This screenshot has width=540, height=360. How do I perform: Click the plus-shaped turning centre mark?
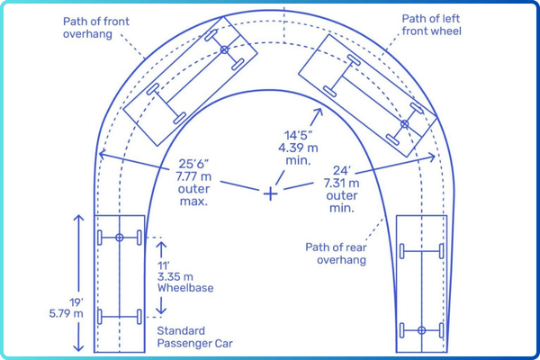[x=270, y=193]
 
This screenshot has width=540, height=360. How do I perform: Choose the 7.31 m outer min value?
[x=343, y=182]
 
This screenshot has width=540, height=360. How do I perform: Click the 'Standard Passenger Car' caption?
[x=179, y=337]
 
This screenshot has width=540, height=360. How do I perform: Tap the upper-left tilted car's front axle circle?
[x=224, y=49]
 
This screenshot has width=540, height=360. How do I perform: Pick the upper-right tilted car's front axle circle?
[x=405, y=124]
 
